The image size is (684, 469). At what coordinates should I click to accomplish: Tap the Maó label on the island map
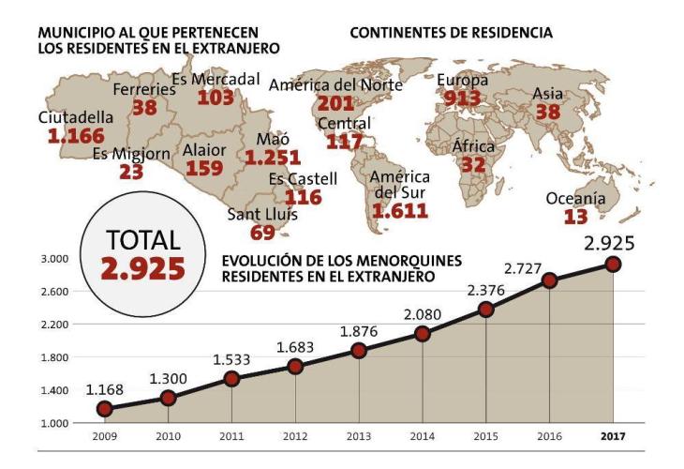point(260,141)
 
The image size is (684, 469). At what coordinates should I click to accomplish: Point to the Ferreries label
point(143,89)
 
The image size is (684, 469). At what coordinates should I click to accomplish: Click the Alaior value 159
point(205,168)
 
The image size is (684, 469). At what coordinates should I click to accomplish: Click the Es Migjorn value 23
point(130,173)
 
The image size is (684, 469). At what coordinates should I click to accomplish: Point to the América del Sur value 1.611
point(400,211)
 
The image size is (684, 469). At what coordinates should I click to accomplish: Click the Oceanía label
point(576,198)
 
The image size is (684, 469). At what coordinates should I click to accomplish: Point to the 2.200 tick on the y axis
point(55,325)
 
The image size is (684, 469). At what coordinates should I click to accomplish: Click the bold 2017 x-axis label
point(613,436)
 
